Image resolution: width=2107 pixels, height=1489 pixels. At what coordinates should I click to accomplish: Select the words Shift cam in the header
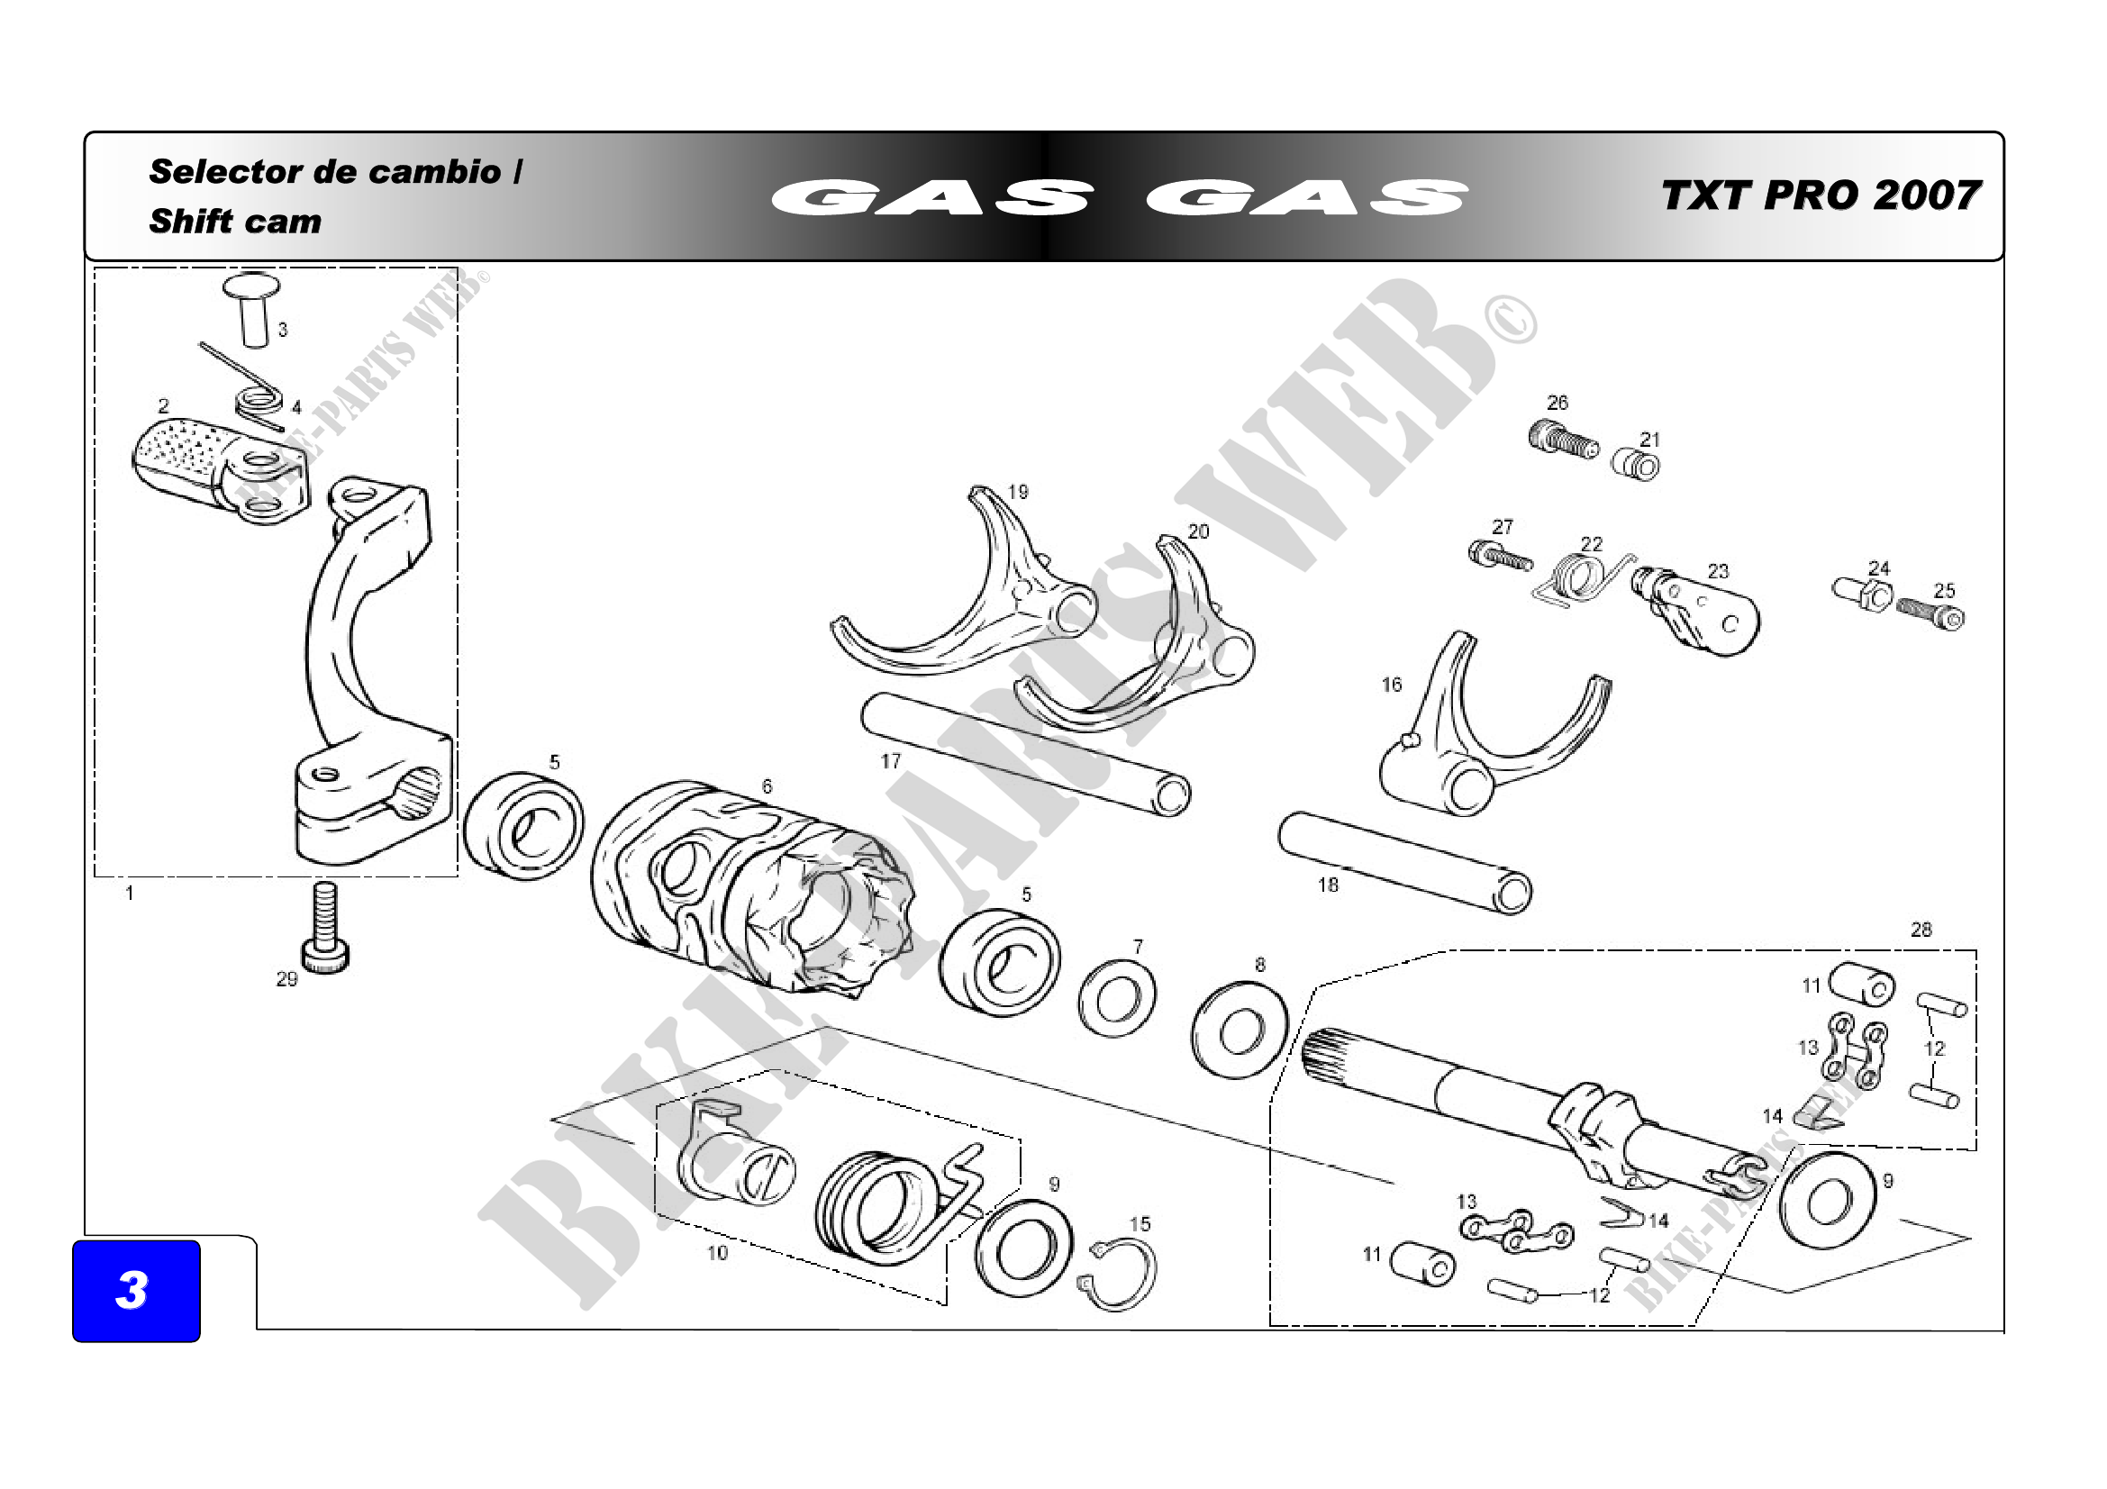235,221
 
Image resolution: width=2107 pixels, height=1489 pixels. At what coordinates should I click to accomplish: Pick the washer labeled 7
1116,997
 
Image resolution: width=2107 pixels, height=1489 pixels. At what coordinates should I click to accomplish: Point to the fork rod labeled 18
1404,862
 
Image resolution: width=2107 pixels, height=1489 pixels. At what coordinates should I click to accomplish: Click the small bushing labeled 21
1636,466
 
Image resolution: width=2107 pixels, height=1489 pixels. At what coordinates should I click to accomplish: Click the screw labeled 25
1930,613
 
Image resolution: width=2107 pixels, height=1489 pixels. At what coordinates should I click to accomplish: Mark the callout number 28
1921,930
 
